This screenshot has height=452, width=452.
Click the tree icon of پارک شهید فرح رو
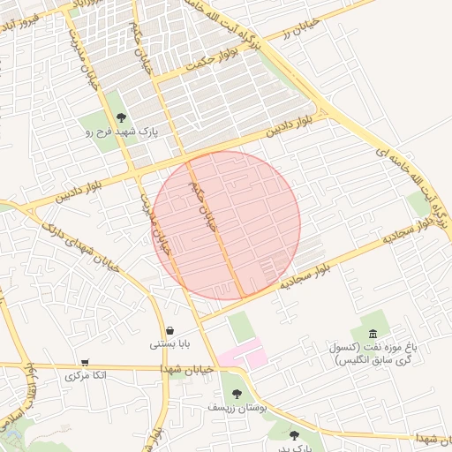(x=120, y=117)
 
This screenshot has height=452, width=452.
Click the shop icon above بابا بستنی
(x=169, y=331)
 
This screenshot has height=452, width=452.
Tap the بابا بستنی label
(x=169, y=344)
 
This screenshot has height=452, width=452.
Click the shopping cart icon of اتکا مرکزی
(x=85, y=362)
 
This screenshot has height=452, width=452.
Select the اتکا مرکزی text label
(x=86, y=376)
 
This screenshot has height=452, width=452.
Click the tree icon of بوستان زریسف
(x=236, y=393)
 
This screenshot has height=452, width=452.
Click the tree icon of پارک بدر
(x=294, y=434)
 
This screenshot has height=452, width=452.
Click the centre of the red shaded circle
(x=228, y=224)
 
